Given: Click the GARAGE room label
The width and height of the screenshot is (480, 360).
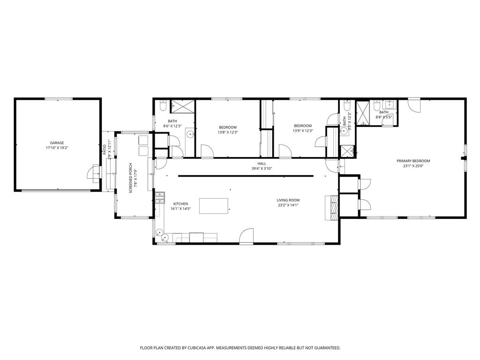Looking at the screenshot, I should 57,142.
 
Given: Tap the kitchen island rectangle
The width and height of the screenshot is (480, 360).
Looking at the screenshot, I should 214,206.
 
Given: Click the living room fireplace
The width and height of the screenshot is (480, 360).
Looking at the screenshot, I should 332,207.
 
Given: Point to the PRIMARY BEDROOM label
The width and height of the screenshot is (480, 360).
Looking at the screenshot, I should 413,161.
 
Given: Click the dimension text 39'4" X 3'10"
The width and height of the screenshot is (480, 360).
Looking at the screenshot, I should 262,168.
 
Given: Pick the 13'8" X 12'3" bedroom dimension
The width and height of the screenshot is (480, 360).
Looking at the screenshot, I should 228,132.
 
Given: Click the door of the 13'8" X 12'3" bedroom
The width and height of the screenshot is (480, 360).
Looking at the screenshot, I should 207,151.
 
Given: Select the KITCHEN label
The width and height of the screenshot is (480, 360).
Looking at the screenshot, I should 180,203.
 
